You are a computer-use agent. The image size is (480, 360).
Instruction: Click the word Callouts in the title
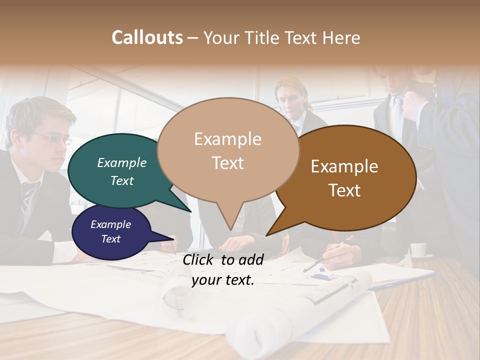coord(147,37)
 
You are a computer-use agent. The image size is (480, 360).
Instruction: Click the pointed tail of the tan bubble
coord(230,227)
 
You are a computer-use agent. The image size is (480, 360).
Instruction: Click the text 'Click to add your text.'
coord(223,269)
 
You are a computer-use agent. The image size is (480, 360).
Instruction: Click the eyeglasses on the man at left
coord(52,138)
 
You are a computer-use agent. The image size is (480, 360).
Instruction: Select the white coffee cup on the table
coord(418,249)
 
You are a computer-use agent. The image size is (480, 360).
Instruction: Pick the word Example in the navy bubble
coord(111,224)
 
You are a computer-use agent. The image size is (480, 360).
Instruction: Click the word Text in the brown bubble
coord(345,190)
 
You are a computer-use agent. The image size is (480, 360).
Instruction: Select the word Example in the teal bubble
coord(122,162)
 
